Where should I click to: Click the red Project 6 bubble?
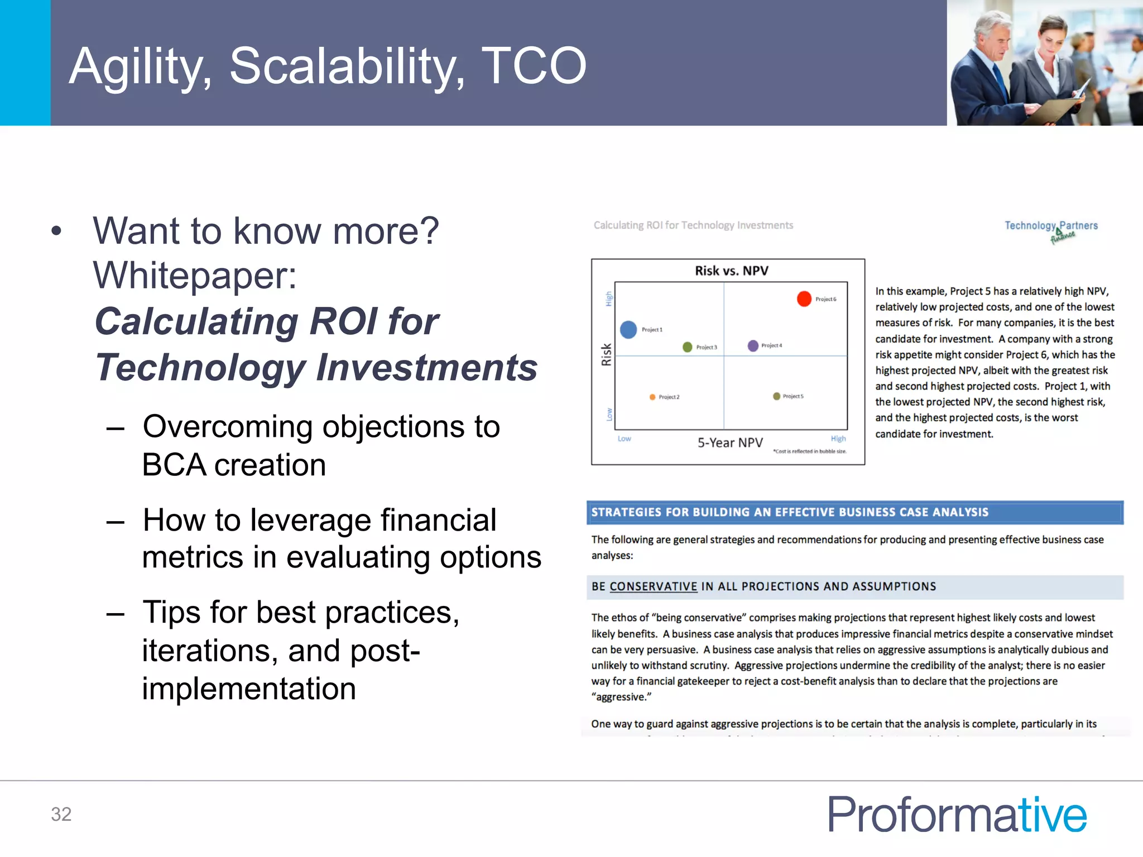pyautogui.click(x=804, y=299)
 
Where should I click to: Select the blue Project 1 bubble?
pyautogui.click(x=628, y=329)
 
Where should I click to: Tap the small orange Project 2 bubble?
pyautogui.click(x=652, y=397)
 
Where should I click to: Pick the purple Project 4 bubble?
pyautogui.click(x=753, y=345)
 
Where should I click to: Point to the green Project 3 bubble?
pyautogui.click(x=687, y=347)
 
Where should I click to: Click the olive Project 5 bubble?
pyautogui.click(x=776, y=396)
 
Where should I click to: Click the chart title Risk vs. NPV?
pyautogui.click(x=731, y=271)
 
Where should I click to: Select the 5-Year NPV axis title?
pyautogui.click(x=729, y=442)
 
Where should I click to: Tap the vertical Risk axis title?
pyautogui.click(x=606, y=354)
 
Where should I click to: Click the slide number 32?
pyautogui.click(x=61, y=814)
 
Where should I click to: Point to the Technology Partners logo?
pyautogui.click(x=1051, y=229)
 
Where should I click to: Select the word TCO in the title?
pyautogui.click(x=534, y=66)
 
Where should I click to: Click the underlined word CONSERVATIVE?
pyautogui.click(x=653, y=586)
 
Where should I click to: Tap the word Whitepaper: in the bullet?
pyautogui.click(x=195, y=275)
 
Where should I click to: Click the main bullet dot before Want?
pyautogui.click(x=56, y=231)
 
